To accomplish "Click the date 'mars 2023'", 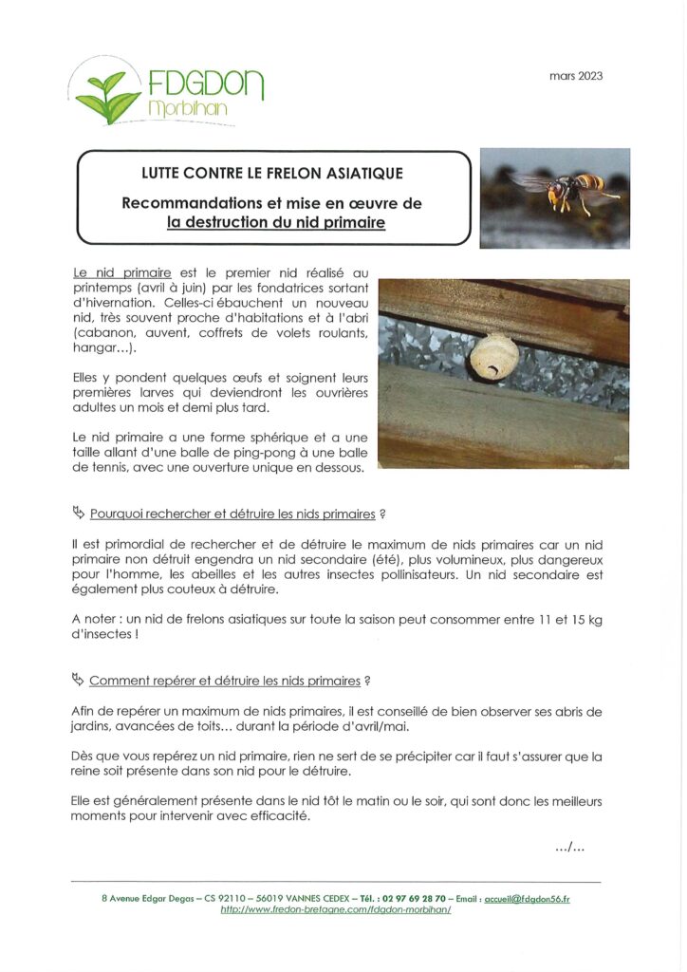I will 576,76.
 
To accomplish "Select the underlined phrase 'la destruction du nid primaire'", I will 275,223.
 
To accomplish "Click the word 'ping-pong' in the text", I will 300,453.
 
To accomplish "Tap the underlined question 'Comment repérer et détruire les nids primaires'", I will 225,681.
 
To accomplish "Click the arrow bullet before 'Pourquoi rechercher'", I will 78,513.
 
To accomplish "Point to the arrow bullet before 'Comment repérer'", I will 78,680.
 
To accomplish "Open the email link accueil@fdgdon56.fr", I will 527,897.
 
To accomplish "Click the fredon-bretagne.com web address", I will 335,909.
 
